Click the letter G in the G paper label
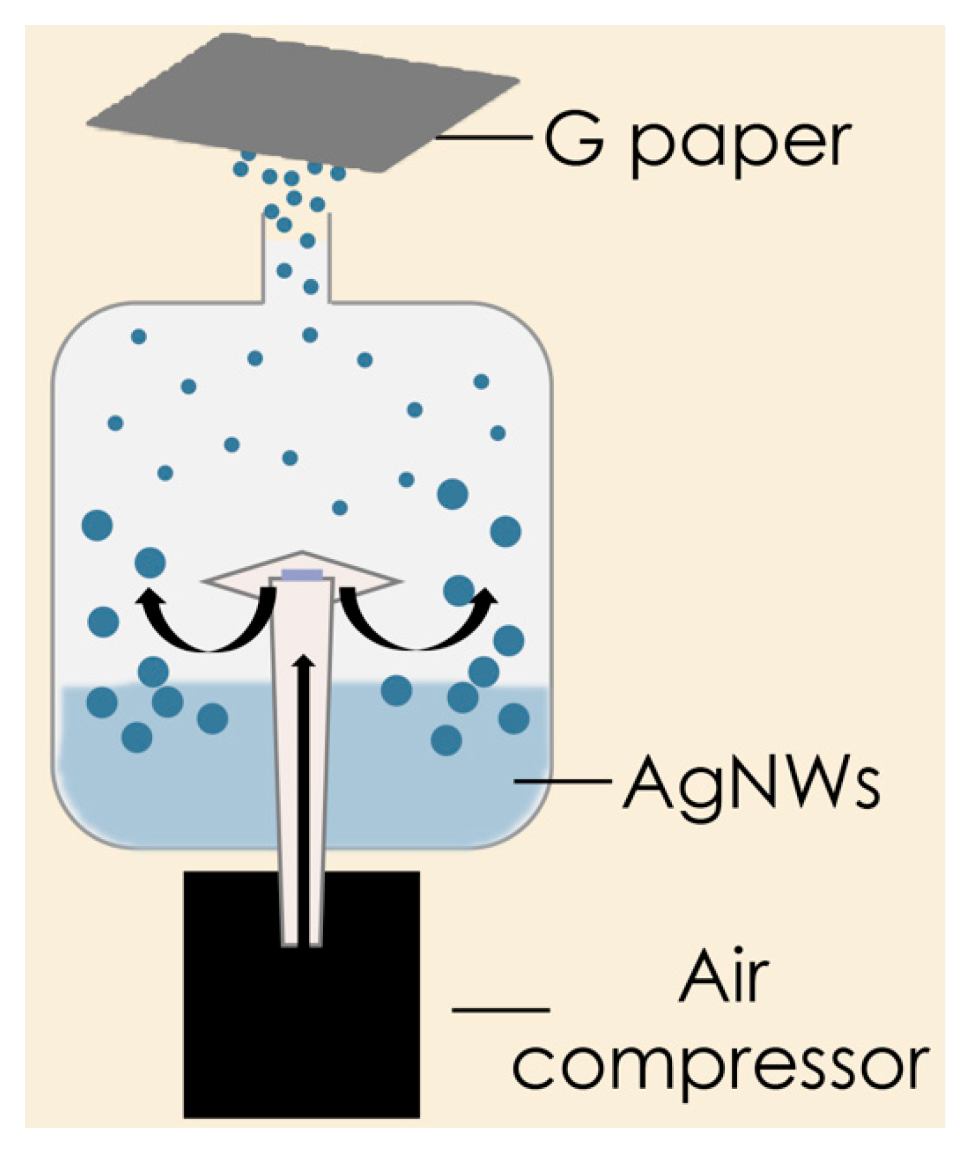point(573,139)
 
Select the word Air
point(724,977)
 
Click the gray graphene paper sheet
point(303,103)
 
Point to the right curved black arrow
point(413,629)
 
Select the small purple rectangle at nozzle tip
point(301,574)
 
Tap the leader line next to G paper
point(484,137)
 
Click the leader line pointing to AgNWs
point(562,781)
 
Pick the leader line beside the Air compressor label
point(500,1009)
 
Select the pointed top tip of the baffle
point(302,553)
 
